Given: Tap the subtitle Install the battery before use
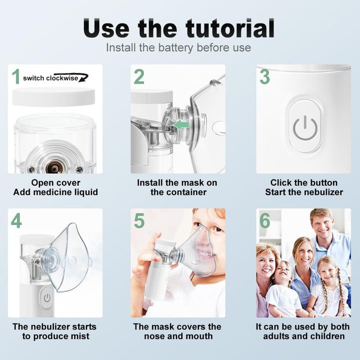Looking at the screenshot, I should (x=178, y=48).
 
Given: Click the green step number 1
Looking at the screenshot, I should (x=15, y=77).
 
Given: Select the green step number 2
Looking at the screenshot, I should (x=139, y=77).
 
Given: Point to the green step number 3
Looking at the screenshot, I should (x=264, y=77).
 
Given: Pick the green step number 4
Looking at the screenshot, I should (x=16, y=221).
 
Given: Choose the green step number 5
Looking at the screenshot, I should (x=139, y=221).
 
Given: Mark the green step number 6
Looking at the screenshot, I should (x=264, y=221).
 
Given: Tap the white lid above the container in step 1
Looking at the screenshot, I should (x=53, y=96).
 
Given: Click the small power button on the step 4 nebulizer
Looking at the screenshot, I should (x=46, y=298).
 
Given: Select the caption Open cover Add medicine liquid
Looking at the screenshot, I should (x=55, y=187).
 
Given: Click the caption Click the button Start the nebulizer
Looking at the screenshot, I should (x=304, y=187).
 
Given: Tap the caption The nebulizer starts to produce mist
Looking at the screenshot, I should (x=54, y=331).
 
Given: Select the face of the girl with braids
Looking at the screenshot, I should (x=327, y=270).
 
